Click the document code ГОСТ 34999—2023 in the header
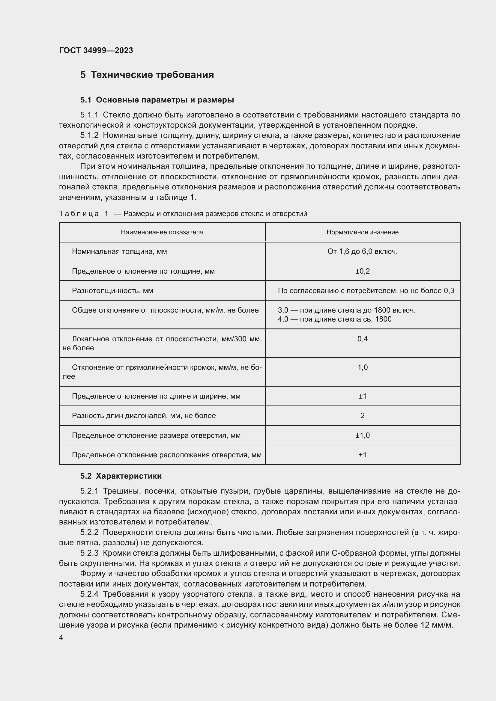(x=96, y=50)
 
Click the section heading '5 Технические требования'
(x=147, y=75)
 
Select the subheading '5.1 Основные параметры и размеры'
(x=157, y=100)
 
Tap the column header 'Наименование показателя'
(x=162, y=232)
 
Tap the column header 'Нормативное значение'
(x=362, y=232)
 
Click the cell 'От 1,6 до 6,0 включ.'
(x=362, y=251)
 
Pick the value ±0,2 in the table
(x=362, y=271)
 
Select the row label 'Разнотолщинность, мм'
(x=112, y=291)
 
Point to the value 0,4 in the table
(x=362, y=339)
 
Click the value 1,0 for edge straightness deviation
(x=362, y=367)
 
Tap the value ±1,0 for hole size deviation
(x=362, y=435)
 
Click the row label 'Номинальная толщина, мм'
(x=119, y=251)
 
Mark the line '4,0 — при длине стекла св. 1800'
(x=334, y=319)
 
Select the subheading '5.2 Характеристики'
(x=121, y=476)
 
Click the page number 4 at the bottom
(x=61, y=638)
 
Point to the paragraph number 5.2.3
(x=89, y=553)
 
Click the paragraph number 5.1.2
(x=89, y=135)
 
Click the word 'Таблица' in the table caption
(x=79, y=214)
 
